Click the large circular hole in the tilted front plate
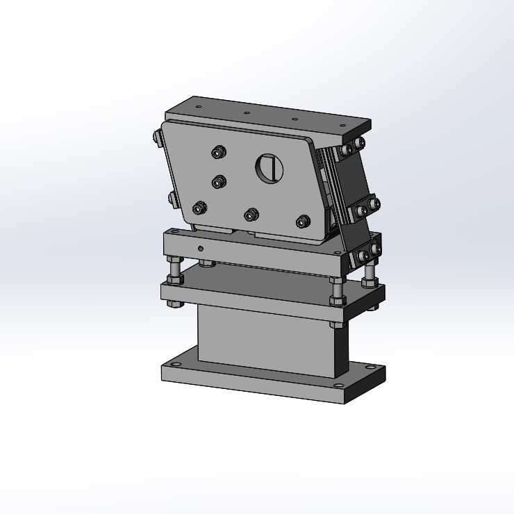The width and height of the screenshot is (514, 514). (x=270, y=168)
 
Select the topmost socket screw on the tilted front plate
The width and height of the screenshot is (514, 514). (x=219, y=152)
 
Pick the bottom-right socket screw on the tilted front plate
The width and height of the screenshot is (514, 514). (x=302, y=222)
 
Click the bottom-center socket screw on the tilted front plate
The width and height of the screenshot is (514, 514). (x=251, y=215)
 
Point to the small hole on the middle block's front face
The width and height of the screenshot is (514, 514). (x=200, y=248)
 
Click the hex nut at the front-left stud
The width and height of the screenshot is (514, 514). (x=173, y=279)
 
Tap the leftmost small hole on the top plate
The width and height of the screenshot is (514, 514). (x=199, y=107)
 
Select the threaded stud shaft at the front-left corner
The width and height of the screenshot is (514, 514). (x=173, y=266)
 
